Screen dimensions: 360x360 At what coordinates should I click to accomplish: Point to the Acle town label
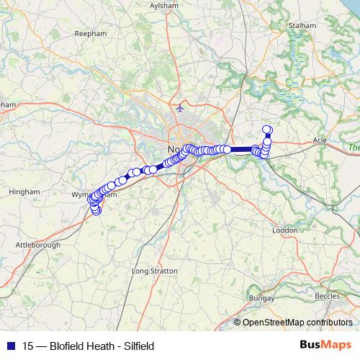(322, 140)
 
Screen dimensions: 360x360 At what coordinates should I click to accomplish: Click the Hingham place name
(22, 192)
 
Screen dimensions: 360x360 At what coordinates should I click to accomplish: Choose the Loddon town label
(285, 230)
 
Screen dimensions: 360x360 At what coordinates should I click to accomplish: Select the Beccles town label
(328, 295)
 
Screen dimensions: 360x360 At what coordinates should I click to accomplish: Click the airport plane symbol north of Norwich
(179, 109)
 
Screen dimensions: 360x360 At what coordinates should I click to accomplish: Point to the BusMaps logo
(326, 345)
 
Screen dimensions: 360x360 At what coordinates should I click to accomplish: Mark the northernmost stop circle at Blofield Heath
(267, 130)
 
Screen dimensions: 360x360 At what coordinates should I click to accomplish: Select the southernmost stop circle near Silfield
(96, 211)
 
